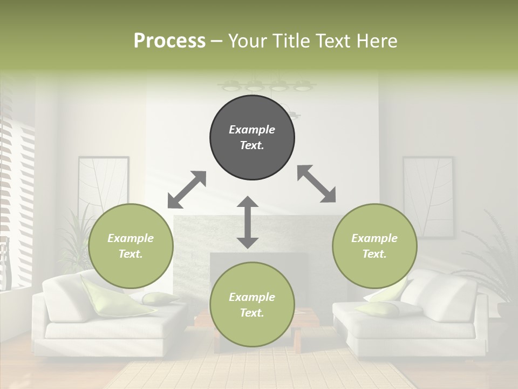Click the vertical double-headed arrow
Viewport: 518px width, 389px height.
point(248,222)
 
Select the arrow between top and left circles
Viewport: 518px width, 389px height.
point(187,190)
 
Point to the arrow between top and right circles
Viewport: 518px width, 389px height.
point(316,184)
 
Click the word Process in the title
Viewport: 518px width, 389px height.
point(169,41)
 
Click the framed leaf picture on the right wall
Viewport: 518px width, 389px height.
point(428,194)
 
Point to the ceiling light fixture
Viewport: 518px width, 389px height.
point(267,85)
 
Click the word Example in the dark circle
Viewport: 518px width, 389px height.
point(252,130)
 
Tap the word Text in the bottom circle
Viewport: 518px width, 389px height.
point(251,313)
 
